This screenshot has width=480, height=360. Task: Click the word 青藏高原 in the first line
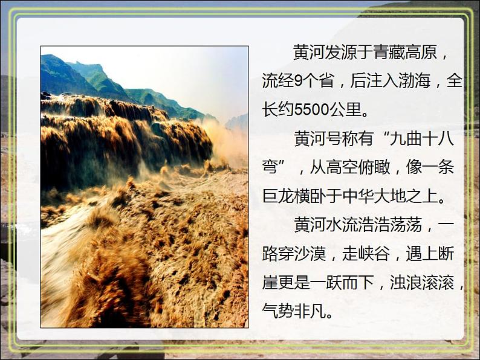tap(404, 53)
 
